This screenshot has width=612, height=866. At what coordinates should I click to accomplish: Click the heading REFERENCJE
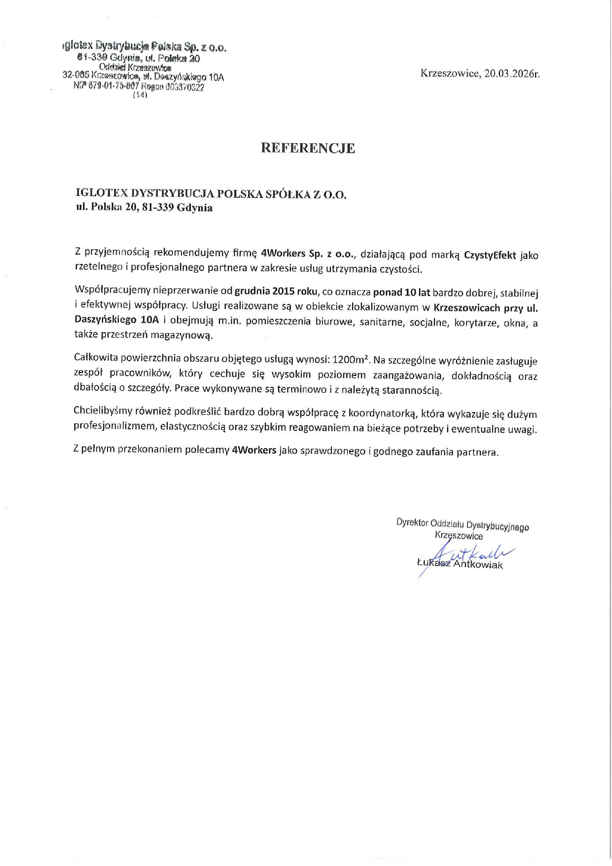coord(308,149)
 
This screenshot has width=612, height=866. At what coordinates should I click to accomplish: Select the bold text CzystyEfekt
coord(490,255)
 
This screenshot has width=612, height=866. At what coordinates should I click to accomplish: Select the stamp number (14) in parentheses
coord(140,96)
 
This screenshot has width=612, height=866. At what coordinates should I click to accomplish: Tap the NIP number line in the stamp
coord(139,87)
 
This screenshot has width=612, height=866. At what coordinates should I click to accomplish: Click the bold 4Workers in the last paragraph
coord(253,451)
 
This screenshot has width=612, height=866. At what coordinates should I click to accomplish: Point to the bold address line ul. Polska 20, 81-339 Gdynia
coord(144,208)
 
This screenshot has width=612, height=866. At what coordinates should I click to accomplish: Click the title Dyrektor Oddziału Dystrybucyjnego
coord(462,525)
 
